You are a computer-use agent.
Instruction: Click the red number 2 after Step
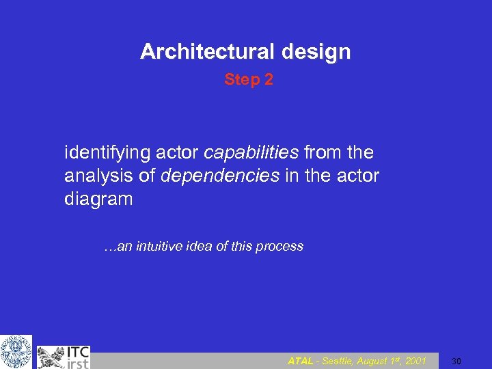click(x=269, y=80)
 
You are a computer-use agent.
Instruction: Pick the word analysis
click(x=96, y=176)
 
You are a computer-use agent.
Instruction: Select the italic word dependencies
click(x=219, y=176)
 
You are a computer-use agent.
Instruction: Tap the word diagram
click(x=98, y=200)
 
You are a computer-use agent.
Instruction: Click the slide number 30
click(x=458, y=361)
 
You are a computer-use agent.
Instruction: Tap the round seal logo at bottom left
click(x=15, y=351)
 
